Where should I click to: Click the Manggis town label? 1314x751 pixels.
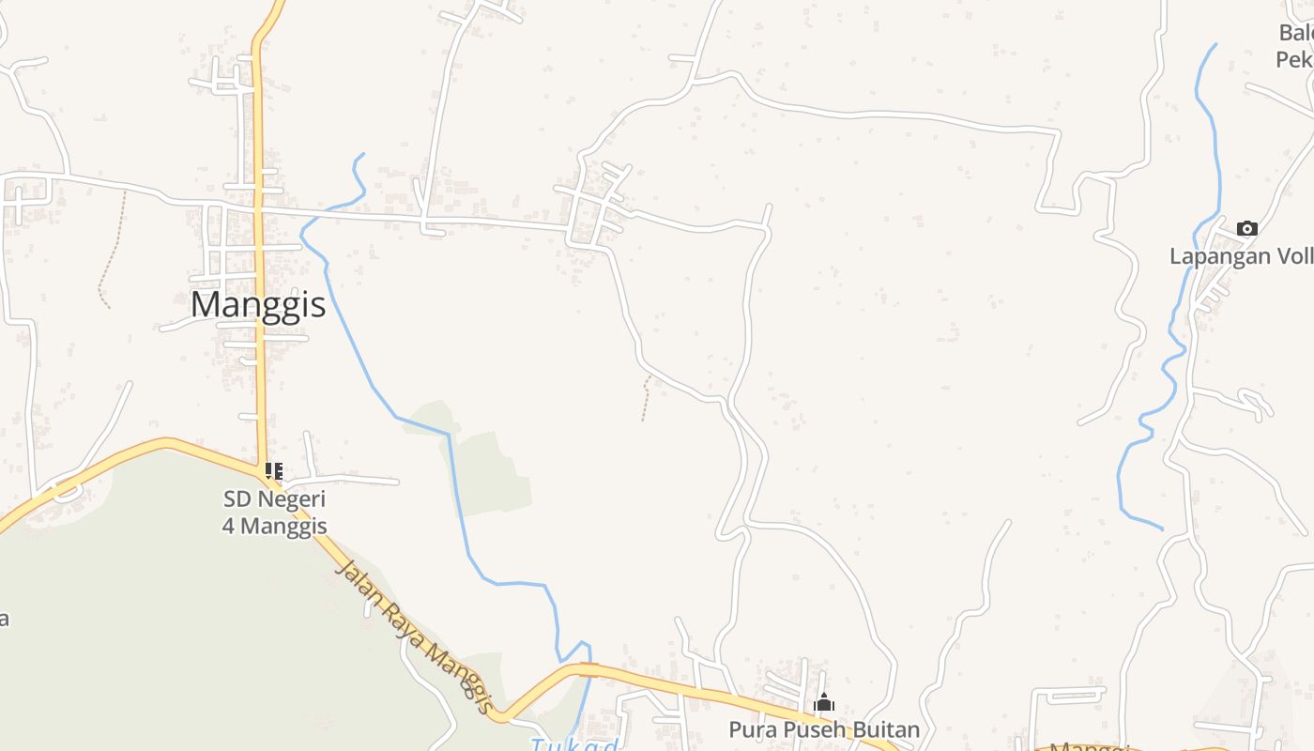258,304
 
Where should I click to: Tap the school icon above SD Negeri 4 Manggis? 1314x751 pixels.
274,470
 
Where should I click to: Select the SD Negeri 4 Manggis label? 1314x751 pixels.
274,513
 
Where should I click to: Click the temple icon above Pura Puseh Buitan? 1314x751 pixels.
824,702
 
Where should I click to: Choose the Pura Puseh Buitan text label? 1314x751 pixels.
824,729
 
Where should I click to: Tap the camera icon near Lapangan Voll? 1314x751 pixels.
1247,228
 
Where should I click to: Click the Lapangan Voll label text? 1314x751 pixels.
1241,256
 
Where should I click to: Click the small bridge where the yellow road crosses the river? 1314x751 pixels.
588,669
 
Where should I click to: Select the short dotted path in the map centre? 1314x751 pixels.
646,397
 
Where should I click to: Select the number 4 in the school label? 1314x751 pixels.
228,526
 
